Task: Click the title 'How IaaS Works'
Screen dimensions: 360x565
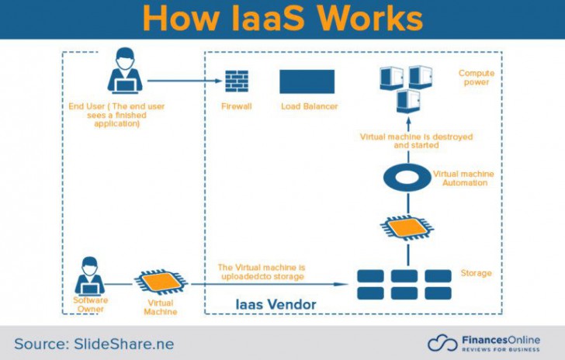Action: point(282,19)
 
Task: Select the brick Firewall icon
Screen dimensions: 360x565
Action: point(236,81)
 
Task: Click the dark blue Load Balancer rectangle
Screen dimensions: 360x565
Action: point(307,81)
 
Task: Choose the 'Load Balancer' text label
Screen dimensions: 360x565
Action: point(309,106)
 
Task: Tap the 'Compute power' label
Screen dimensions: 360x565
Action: point(476,78)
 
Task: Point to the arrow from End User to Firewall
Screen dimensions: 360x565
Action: point(182,81)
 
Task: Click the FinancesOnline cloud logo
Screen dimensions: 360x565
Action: point(442,343)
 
